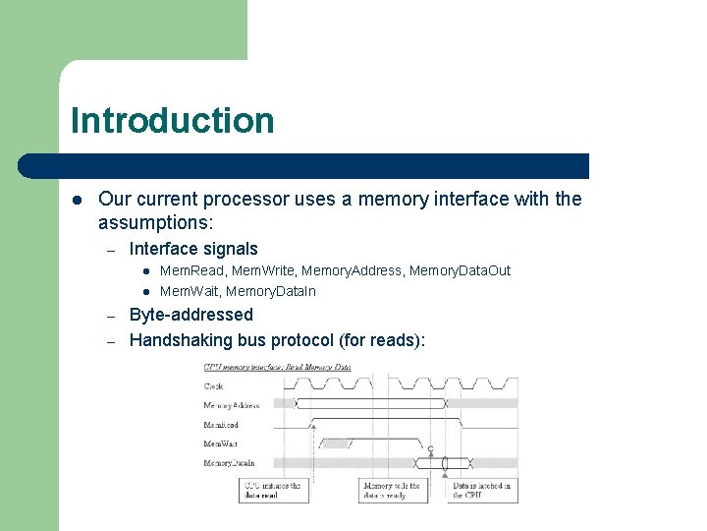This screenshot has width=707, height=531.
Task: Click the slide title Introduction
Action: coord(172,121)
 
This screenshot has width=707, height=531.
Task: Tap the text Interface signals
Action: coord(193,249)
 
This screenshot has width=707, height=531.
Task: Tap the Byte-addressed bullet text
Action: coord(190,315)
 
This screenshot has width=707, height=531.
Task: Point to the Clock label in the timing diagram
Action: coord(214,386)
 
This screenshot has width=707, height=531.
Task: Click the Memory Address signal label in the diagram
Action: coord(232,405)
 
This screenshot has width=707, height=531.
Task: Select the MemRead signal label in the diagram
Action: coord(221,425)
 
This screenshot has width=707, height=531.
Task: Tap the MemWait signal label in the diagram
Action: coord(220,443)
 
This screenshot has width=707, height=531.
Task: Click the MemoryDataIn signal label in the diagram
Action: coord(229,462)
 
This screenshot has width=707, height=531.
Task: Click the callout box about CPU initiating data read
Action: coord(273,490)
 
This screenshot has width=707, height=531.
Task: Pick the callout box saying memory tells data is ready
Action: coord(393,490)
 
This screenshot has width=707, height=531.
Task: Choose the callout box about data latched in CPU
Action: coord(483,490)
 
